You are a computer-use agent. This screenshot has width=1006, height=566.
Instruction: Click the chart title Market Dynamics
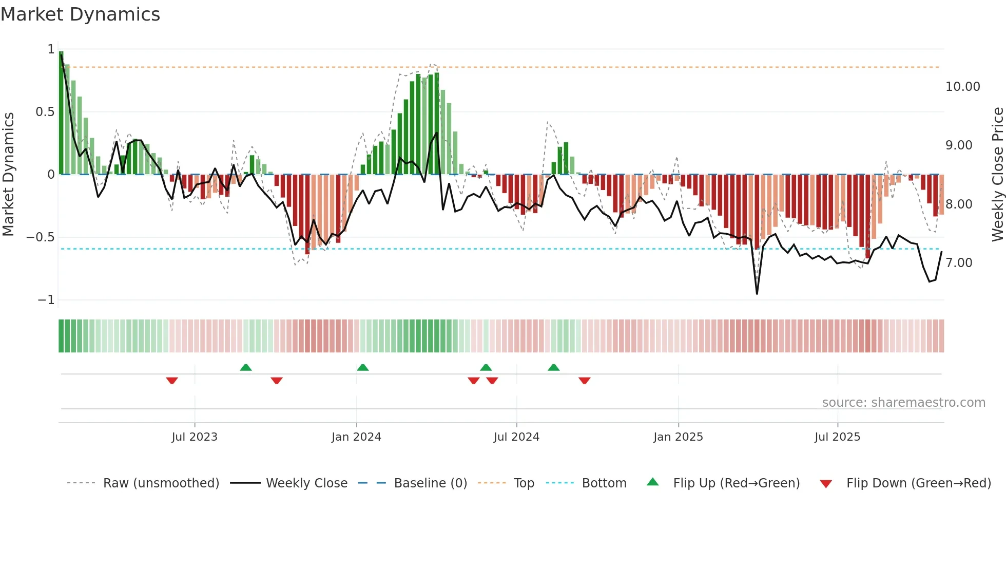tap(80, 14)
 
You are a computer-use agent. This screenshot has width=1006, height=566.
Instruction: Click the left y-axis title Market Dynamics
tap(8, 174)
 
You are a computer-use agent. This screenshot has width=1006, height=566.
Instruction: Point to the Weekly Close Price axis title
tap(997, 174)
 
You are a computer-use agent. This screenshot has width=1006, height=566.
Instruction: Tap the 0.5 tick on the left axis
tap(45, 112)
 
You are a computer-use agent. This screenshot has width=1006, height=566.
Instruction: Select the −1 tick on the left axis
tap(46, 300)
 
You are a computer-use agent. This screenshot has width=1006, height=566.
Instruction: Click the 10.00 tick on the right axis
tap(962, 87)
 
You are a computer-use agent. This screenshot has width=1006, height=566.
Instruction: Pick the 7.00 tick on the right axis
tap(959, 263)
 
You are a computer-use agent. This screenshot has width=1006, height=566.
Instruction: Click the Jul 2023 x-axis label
tap(195, 437)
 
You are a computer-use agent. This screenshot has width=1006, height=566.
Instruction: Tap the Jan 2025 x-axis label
tap(678, 437)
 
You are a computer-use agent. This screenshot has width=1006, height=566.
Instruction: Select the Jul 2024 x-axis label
tap(516, 437)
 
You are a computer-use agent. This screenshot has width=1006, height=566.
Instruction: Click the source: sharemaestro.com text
tap(903, 403)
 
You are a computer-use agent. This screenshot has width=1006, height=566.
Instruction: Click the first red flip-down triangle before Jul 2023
tap(172, 381)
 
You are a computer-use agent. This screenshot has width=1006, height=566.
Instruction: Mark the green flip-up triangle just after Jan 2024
tap(363, 367)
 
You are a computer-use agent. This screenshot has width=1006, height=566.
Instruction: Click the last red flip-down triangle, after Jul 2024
tap(584, 381)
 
